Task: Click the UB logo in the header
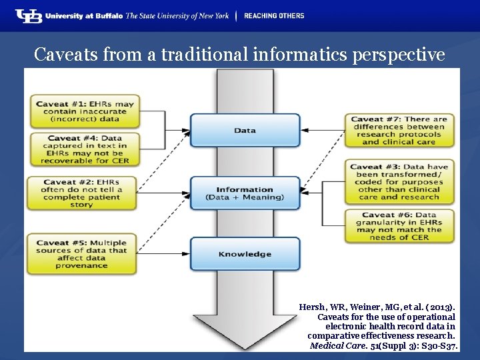point(29,15)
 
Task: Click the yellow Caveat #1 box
point(84,111)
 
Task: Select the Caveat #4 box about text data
point(84,149)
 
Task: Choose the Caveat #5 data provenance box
point(81,254)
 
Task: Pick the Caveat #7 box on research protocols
point(399,130)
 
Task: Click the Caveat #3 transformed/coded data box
point(399,182)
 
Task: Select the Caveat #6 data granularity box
point(399,226)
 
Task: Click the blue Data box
point(245,130)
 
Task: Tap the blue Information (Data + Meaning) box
point(245,193)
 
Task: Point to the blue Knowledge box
point(245,254)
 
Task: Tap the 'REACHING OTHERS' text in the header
point(273,15)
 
